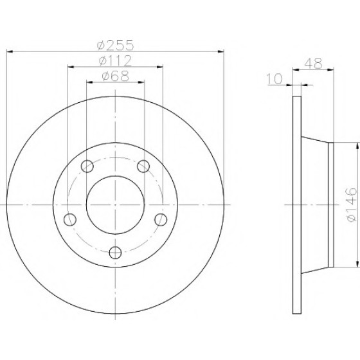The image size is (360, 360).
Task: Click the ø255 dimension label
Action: [x=115, y=45]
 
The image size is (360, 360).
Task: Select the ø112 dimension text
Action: [x=115, y=61]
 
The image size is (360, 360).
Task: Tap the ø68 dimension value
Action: [x=115, y=76]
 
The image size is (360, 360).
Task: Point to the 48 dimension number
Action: [x=314, y=64]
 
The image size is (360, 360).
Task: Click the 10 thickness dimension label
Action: [x=274, y=78]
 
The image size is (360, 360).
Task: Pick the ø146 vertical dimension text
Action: [x=352, y=204]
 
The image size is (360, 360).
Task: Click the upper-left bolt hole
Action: [x=87, y=166]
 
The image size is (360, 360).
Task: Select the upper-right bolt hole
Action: [x=143, y=166]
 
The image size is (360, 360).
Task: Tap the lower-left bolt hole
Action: [x=70, y=219]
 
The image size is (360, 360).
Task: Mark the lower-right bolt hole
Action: [x=161, y=219]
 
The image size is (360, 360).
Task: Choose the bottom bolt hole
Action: [x=115, y=253]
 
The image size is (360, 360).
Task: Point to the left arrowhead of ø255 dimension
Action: [x=10, y=51]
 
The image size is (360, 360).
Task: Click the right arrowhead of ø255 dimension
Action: [x=221, y=51]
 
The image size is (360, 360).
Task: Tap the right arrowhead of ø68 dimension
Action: [x=141, y=82]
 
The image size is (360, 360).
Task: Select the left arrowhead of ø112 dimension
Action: [x=71, y=67]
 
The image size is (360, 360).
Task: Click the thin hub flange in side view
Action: [x=330, y=205]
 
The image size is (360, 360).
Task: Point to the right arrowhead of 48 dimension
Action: [x=330, y=69]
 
